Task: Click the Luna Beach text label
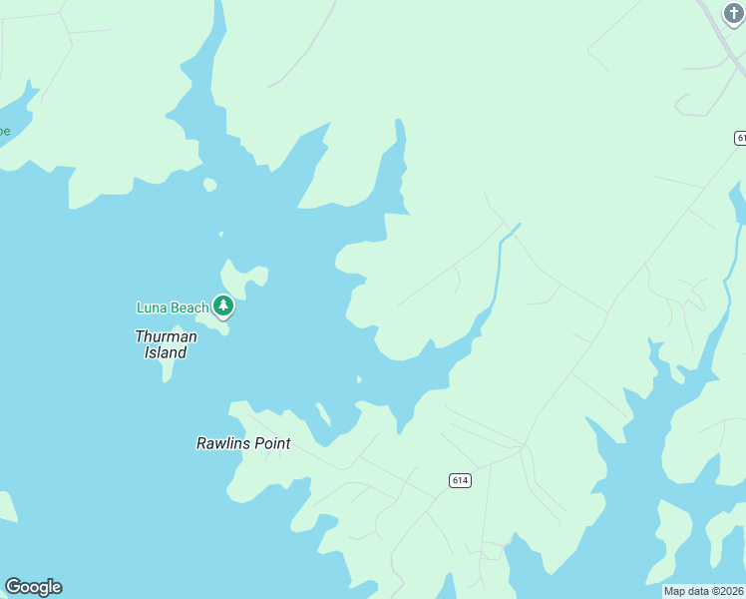[x=172, y=307]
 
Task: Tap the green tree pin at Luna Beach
[x=224, y=305]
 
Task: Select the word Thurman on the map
[x=166, y=336]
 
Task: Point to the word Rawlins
[x=224, y=442]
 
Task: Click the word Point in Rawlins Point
[x=272, y=442]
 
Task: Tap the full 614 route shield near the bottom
[x=459, y=480]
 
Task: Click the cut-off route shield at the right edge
[x=740, y=137]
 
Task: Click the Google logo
[x=33, y=587]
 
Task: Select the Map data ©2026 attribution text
[x=704, y=591]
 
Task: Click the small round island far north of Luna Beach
[x=209, y=185]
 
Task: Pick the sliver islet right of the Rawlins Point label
[x=323, y=413]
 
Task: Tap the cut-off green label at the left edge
[x=4, y=131]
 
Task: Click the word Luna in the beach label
[x=152, y=307]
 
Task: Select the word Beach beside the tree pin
[x=188, y=307]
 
